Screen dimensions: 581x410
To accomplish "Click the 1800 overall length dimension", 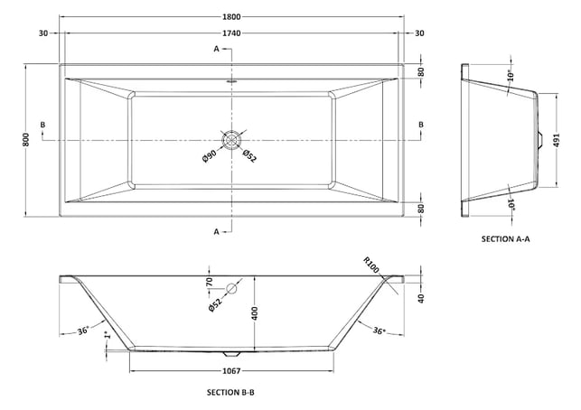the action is pos(231,16).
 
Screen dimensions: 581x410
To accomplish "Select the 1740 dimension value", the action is pos(231,33).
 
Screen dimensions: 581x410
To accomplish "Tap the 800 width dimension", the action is pos(26,140).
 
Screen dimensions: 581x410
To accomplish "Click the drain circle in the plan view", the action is pos(232,140).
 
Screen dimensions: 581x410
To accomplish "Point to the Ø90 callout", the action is pos(210,156).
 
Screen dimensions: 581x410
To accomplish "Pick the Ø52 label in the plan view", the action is pos(249,155).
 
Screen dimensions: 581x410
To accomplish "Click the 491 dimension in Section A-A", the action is pos(557,140).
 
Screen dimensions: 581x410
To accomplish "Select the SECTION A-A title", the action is pos(505,239).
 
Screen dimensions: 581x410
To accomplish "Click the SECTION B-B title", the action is pos(230,392).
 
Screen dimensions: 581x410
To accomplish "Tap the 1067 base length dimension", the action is pos(231,371).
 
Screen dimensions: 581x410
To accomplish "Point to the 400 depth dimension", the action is pos(255,313).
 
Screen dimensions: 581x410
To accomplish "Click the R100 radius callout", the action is pos(371,265).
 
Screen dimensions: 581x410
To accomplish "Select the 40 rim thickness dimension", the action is pos(421,299).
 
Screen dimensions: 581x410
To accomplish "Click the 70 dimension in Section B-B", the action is pos(210,282).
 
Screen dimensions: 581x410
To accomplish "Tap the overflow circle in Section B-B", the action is pos(231,288).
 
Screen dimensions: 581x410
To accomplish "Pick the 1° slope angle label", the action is pos(108,335).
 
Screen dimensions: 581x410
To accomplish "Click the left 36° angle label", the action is pos(83,331).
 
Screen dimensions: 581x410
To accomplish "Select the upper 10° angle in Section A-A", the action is pos(511,76).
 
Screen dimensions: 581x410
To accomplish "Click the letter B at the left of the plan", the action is pos(43,125).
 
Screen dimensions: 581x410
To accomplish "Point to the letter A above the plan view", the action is pos(217,49).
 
